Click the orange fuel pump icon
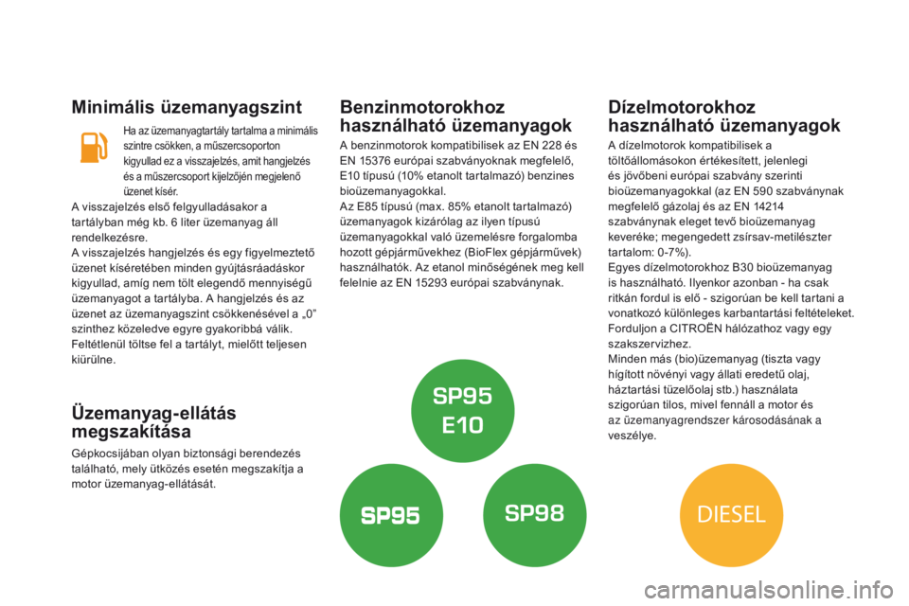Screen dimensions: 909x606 point(94,148)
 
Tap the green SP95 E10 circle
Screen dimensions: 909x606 point(463,411)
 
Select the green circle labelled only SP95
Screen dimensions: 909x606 point(391,515)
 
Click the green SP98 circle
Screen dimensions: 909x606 point(534,515)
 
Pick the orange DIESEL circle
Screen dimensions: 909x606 point(732,515)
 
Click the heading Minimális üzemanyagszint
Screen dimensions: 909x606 point(187,107)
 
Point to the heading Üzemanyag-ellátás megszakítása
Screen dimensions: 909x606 point(153,422)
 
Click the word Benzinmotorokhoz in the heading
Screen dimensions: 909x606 point(422,107)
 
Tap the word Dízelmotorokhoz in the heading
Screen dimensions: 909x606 point(682,107)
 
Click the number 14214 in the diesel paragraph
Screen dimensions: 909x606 point(768,206)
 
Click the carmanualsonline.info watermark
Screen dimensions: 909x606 point(769,590)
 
